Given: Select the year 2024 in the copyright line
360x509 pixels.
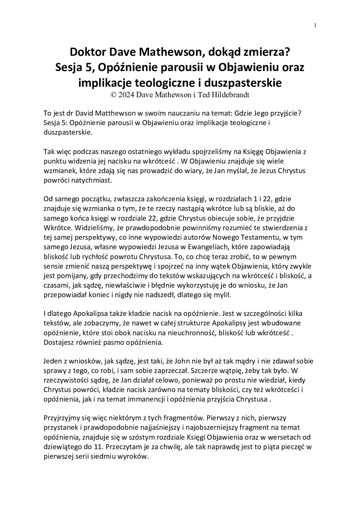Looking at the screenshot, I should click(x=126, y=95).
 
